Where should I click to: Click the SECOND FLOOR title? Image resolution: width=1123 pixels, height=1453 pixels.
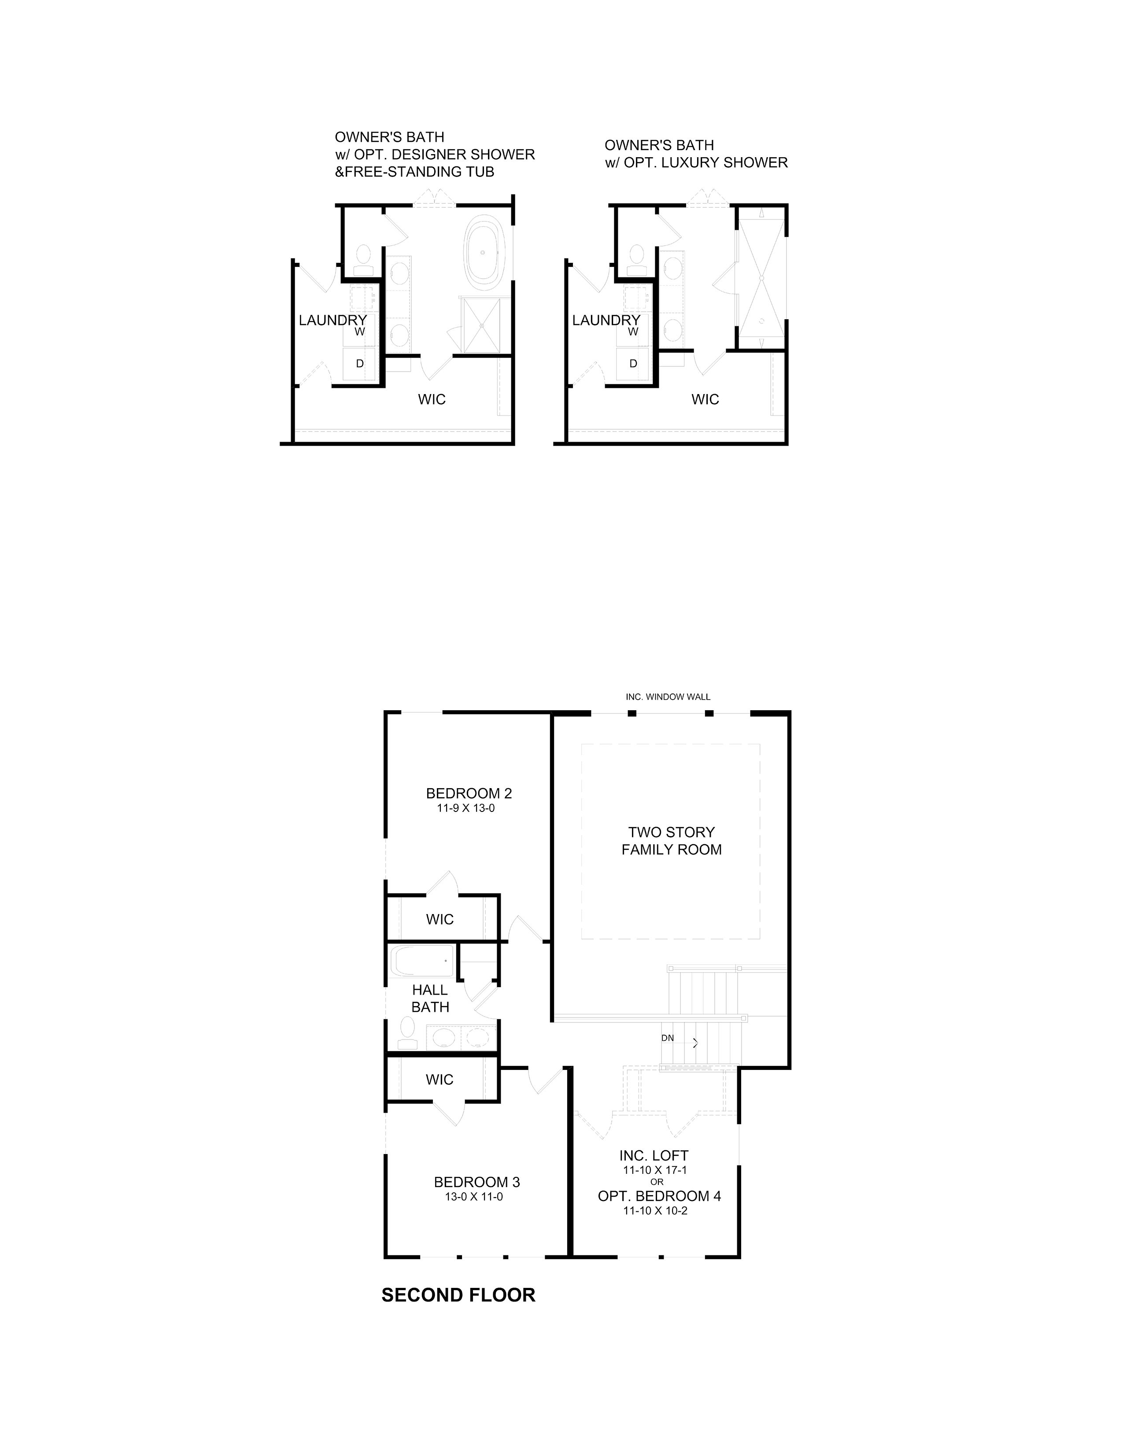[458, 1294]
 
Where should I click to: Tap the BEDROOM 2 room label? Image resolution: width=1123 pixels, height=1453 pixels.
[469, 793]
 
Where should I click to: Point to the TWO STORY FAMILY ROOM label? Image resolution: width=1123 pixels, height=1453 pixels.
[671, 841]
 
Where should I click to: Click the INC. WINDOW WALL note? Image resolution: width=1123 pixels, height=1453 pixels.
[668, 697]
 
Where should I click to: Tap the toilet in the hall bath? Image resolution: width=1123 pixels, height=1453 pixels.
[406, 1035]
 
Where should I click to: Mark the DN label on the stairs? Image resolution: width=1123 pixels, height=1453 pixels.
[667, 1038]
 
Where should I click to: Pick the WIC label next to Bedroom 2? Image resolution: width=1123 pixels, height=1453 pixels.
[440, 919]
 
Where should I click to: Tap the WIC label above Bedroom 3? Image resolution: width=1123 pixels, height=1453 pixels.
[440, 1080]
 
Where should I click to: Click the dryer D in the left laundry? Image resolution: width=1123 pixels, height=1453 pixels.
[360, 364]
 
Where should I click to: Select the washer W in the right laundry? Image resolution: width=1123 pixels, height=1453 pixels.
[633, 331]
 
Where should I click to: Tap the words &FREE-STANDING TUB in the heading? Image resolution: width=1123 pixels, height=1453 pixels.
[414, 172]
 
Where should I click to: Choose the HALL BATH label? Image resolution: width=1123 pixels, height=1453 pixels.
[430, 999]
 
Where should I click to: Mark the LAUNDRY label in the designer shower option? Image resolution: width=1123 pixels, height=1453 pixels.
[332, 320]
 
